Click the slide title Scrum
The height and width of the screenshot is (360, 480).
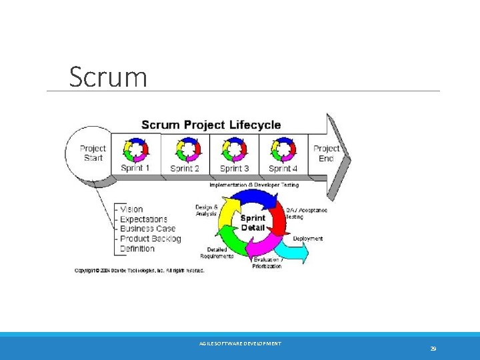point(108,77)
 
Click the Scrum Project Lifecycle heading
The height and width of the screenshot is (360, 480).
point(211,125)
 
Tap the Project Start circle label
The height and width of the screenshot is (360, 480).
point(93,153)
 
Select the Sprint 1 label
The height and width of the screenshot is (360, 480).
point(135,168)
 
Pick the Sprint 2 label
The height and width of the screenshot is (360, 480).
point(185,168)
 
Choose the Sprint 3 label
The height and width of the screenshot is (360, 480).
point(234,168)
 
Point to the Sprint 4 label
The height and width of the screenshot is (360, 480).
point(283,168)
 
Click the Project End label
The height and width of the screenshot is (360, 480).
point(326,153)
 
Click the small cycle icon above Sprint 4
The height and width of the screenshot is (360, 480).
point(283,149)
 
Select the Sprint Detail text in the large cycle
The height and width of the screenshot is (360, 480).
point(253,223)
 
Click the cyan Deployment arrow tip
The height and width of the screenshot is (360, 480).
point(305,253)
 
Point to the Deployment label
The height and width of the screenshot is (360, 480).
point(307,238)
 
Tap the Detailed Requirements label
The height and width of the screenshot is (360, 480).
point(217,253)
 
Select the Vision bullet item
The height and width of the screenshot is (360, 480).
point(131,209)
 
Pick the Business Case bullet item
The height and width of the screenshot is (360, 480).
point(147,229)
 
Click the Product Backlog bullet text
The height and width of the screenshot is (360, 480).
point(150,239)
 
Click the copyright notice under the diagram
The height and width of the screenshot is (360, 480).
point(139,271)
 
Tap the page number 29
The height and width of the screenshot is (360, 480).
point(433,349)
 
